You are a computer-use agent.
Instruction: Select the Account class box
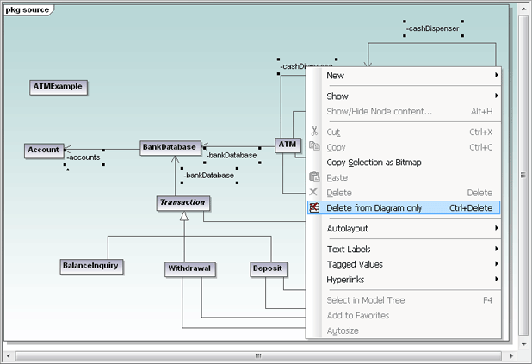click(x=44, y=150)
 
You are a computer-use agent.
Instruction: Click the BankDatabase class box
click(x=170, y=147)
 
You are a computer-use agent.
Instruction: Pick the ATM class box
click(x=287, y=145)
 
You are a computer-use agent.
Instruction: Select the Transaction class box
click(x=183, y=203)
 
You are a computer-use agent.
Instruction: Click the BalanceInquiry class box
click(x=90, y=267)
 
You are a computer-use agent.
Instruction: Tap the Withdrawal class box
click(x=189, y=268)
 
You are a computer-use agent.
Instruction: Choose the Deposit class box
click(x=268, y=268)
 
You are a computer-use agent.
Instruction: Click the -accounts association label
click(x=84, y=157)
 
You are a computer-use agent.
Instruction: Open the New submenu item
click(x=336, y=76)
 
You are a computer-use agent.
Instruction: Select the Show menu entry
click(x=337, y=96)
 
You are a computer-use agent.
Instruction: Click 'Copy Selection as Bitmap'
click(x=374, y=163)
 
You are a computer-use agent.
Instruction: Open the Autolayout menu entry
click(x=347, y=229)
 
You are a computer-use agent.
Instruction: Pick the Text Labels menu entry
click(x=349, y=250)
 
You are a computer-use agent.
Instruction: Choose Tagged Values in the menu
click(x=355, y=264)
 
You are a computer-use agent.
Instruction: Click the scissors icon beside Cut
click(x=314, y=132)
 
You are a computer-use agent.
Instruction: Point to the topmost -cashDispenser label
click(x=433, y=28)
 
